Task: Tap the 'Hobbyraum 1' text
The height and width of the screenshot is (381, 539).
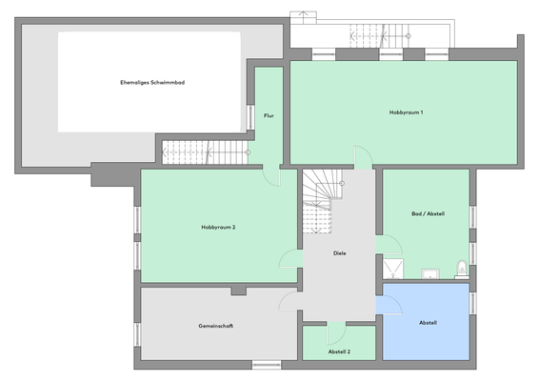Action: click(406, 112)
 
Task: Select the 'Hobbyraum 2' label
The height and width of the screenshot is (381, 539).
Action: click(218, 228)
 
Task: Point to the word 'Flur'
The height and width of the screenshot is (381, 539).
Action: click(269, 116)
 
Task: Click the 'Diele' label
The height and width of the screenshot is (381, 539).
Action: click(339, 253)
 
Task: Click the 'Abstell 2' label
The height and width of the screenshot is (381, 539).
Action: click(339, 351)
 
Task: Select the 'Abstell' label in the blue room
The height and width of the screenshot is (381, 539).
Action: click(428, 323)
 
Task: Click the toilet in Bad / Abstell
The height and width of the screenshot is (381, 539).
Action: click(462, 268)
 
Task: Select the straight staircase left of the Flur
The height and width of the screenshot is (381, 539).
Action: click(202, 151)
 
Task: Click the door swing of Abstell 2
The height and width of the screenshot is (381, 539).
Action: click(335, 332)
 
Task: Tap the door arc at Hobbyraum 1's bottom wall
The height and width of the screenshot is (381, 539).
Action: click(362, 157)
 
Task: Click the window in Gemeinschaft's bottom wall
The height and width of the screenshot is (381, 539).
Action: click(266, 364)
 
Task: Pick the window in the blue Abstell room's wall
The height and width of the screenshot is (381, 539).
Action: click(473, 301)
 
